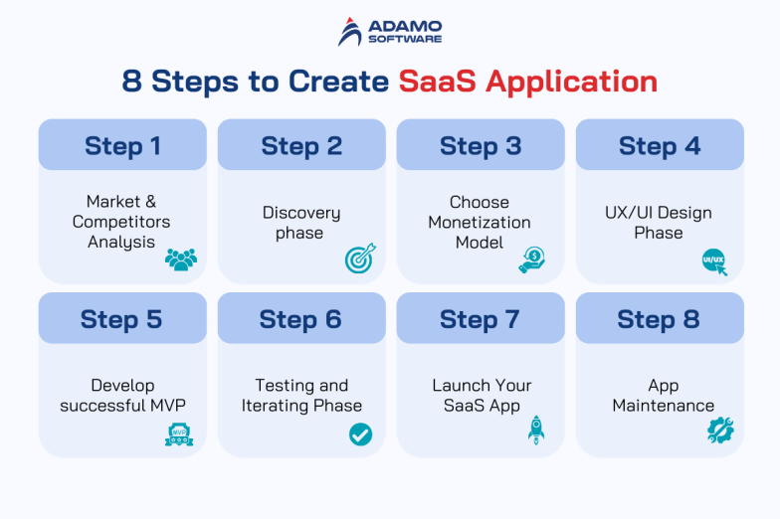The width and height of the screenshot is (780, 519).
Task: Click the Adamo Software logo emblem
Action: point(350,32)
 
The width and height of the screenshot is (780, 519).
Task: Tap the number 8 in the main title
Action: point(132,81)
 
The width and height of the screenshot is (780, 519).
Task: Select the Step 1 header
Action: point(122,145)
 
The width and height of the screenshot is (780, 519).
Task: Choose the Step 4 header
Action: point(660,145)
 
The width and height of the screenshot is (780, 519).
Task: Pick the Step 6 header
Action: point(300,319)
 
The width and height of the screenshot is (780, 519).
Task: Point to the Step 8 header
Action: point(659,319)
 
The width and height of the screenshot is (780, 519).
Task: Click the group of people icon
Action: point(180,259)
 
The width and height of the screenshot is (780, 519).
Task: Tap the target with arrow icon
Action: point(360,259)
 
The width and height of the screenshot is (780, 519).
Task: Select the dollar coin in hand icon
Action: point(532,259)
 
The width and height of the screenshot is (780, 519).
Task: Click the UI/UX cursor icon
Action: point(714,260)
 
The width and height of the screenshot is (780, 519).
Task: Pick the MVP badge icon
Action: point(178,433)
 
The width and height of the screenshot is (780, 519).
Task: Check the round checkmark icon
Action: point(360,433)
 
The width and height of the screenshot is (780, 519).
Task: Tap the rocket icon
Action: point(536,430)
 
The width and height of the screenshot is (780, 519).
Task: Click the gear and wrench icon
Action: point(719,430)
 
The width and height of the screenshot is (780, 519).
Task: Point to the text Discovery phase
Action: point(300,223)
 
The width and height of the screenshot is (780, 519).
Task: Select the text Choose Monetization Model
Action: point(480,223)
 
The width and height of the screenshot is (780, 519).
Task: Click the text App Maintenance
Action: point(663,396)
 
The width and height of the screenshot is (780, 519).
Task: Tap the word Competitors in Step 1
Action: point(121,222)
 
